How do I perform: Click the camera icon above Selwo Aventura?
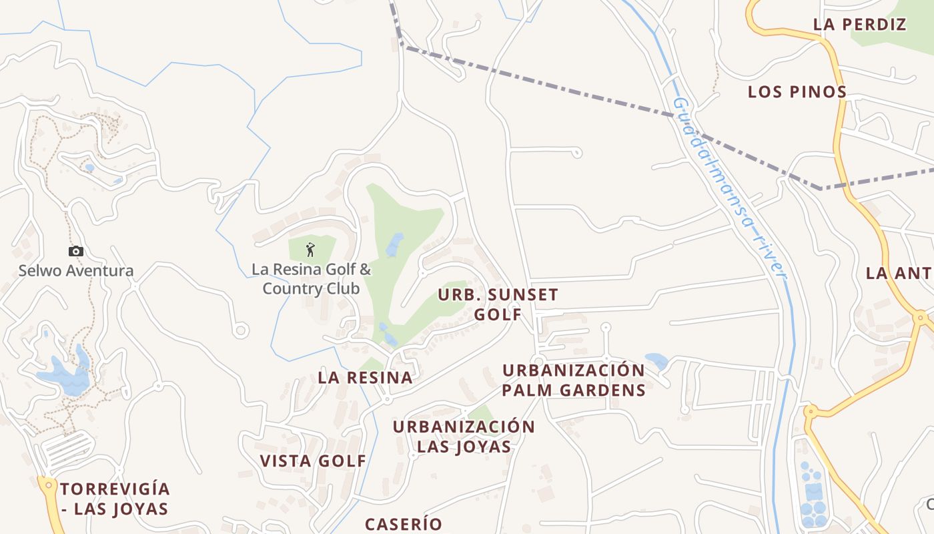(76, 251)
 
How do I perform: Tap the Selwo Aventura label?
(76, 271)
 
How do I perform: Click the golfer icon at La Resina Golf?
(310, 250)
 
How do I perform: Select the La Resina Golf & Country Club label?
(311, 279)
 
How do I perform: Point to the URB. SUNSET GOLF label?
(498, 304)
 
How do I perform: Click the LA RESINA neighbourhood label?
(365, 377)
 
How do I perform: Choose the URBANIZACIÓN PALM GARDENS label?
(574, 380)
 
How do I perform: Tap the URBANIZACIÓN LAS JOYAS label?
(464, 436)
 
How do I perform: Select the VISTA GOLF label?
(313, 461)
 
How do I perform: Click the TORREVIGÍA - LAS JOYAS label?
(115, 499)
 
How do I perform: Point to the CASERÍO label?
(403, 524)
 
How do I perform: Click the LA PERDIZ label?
(859, 25)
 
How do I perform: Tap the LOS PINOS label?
(797, 91)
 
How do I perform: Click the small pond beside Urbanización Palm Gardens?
(657, 361)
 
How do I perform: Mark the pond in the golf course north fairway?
(394, 244)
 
